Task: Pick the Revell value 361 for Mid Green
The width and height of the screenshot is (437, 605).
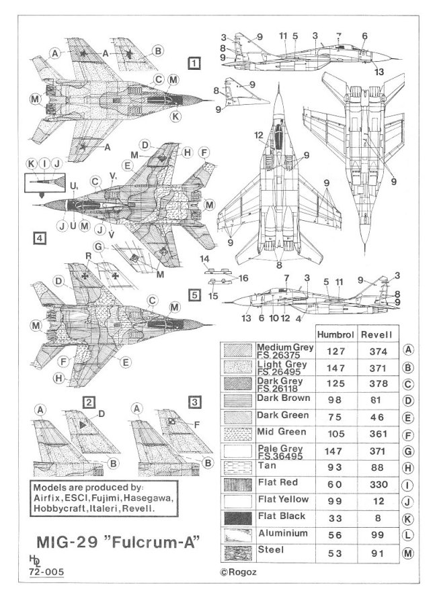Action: pyautogui.click(x=376, y=433)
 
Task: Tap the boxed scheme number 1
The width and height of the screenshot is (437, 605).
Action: pyautogui.click(x=194, y=64)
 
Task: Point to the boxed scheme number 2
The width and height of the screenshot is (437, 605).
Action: pyautogui.click(x=88, y=402)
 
